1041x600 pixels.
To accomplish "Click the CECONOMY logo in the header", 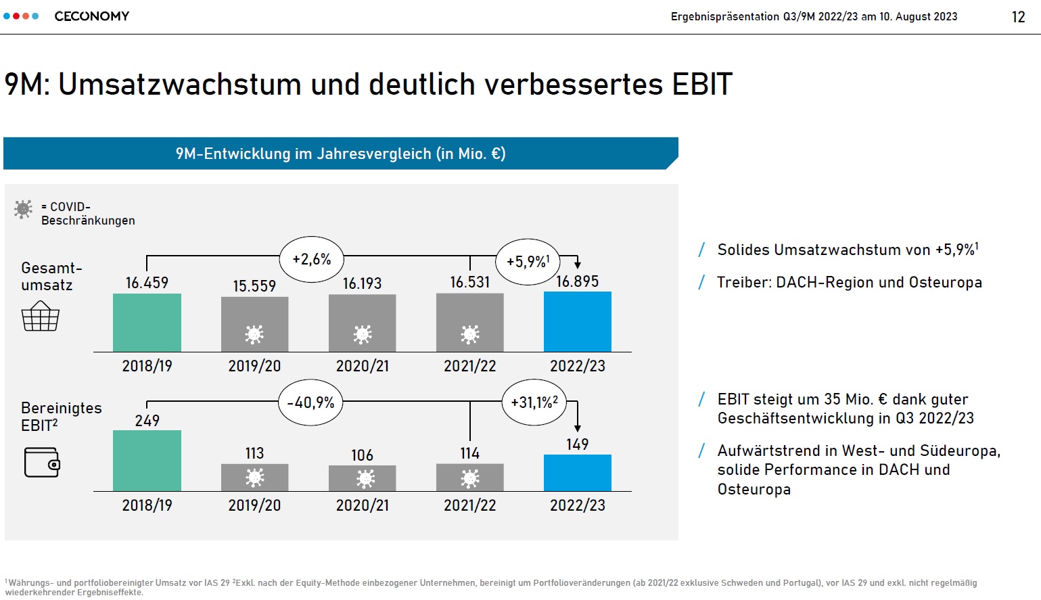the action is point(91,16).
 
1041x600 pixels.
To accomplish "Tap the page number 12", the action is point(1018,17).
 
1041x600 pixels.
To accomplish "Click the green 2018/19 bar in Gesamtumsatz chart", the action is point(147,323).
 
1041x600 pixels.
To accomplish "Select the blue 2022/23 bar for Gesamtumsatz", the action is point(578,321).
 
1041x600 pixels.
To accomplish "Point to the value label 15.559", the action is point(254,286).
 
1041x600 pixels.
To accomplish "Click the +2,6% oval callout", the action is point(311,259).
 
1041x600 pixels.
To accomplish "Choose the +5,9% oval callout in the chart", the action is point(528,262).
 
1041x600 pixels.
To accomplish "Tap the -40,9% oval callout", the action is point(310,402).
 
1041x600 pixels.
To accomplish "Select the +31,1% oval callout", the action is point(534,402).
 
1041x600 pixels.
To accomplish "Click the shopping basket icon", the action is point(41,316).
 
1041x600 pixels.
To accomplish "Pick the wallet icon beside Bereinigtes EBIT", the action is point(42,462).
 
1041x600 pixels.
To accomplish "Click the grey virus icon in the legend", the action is point(23,209).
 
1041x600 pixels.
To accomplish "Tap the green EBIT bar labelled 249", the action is point(147,461).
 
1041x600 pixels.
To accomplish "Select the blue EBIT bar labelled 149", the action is point(578,473).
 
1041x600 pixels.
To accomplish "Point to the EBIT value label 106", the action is point(362,455).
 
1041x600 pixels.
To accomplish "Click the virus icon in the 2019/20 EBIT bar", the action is point(255,478).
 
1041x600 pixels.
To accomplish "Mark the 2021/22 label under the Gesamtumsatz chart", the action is point(470,366).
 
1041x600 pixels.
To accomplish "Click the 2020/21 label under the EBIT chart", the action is point(362,505).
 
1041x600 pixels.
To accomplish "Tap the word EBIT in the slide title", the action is point(701,84).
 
